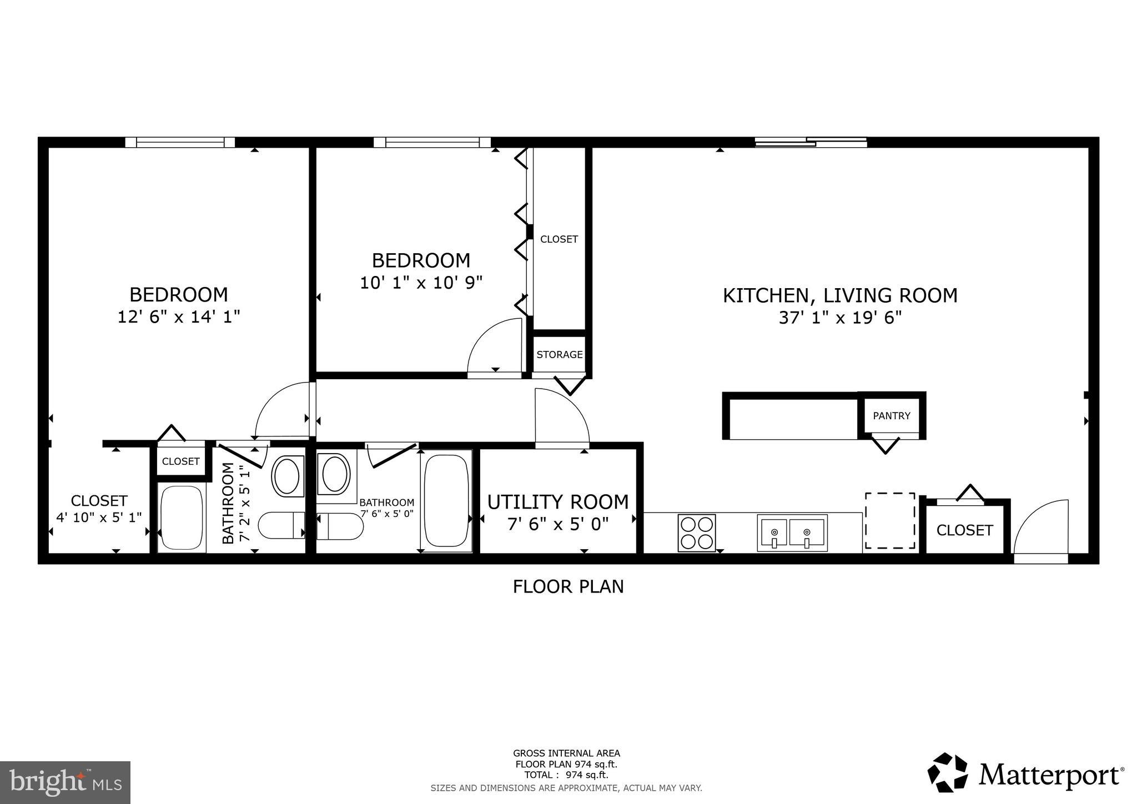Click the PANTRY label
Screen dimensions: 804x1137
[891, 415]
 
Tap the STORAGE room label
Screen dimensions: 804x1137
[559, 354]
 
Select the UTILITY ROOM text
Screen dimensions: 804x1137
[558, 501]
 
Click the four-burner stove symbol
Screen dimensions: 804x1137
[696, 532]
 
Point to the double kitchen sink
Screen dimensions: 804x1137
[792, 532]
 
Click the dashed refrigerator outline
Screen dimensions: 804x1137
[889, 520]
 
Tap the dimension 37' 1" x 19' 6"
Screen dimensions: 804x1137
[840, 318]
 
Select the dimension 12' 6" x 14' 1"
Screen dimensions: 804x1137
[179, 316]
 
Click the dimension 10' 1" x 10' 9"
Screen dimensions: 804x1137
[421, 283]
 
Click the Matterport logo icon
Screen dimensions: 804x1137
[947, 773]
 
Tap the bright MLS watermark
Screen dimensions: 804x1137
[65, 782]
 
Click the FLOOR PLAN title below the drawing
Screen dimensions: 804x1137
[568, 586]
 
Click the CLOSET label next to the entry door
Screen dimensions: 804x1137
[964, 530]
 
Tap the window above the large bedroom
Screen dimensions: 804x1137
[180, 143]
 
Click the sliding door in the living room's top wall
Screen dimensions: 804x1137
[811, 142]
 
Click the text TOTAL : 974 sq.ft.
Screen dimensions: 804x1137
[566, 775]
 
